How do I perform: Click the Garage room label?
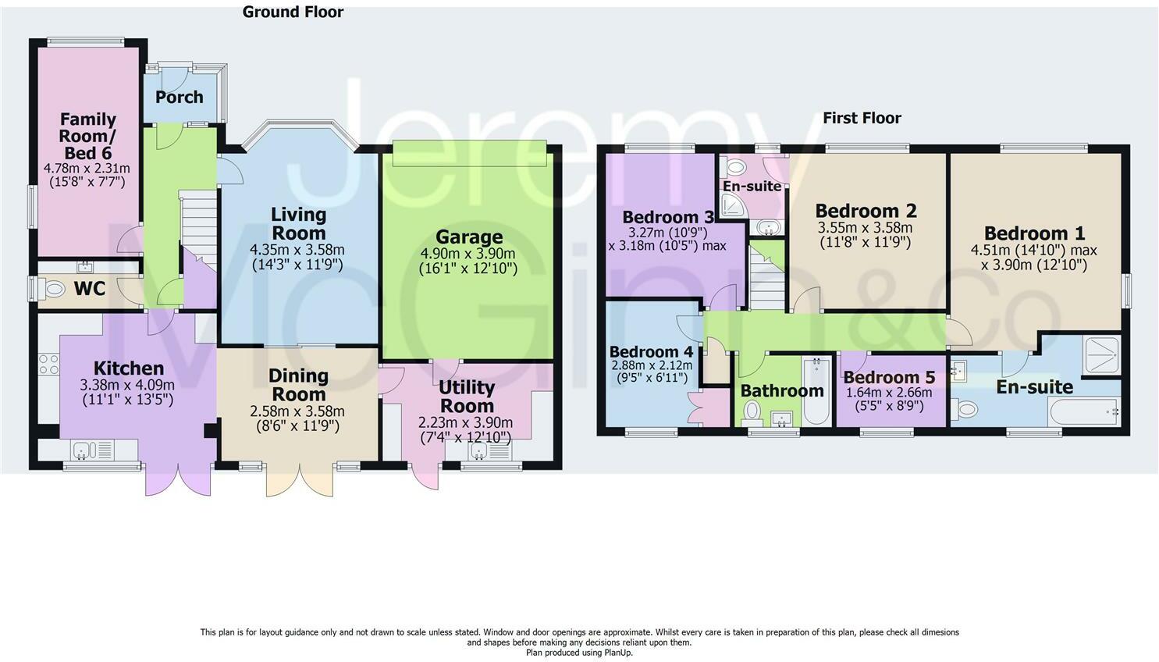point(469,237)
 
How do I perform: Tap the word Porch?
point(179,97)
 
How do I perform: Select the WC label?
point(90,289)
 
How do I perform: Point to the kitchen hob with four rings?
point(49,363)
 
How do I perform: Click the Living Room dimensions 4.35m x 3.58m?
point(297,250)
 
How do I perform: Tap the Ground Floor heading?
point(293,12)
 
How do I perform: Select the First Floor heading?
point(862,118)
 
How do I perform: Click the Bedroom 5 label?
point(889,377)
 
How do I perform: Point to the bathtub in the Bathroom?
point(817,391)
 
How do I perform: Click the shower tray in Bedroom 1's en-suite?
point(1101,355)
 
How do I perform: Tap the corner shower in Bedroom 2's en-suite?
point(734,206)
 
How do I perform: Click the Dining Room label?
point(299,385)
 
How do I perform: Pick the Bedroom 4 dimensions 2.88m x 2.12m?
point(652,365)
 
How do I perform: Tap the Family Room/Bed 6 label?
point(87,136)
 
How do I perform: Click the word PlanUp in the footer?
point(617,653)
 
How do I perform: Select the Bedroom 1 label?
point(1034,233)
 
